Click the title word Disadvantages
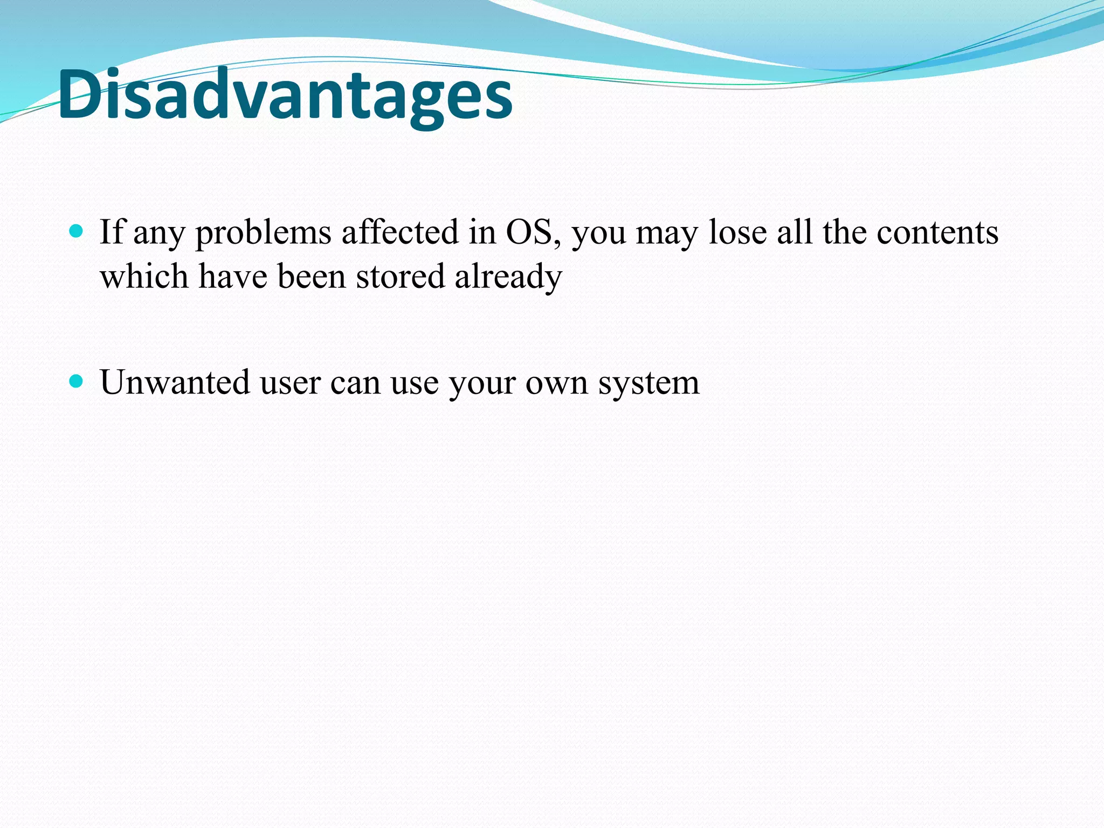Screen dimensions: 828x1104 click(285, 96)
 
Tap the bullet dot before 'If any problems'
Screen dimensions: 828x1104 click(77, 232)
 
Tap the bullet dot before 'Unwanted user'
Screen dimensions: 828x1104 click(77, 382)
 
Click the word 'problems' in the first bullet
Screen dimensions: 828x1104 click(263, 234)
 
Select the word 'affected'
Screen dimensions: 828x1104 click(399, 233)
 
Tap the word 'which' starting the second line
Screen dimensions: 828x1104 click(144, 277)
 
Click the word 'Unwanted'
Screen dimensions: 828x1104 click(175, 383)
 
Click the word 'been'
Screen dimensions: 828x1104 click(311, 277)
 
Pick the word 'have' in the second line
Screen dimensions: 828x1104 click(233, 277)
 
